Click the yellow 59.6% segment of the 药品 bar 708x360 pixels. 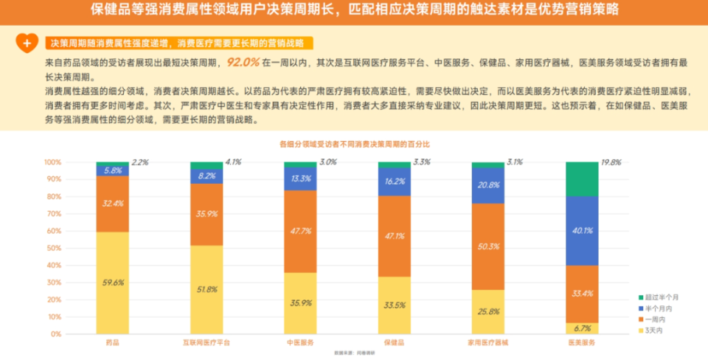[112, 283]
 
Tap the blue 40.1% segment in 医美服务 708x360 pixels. [582, 230]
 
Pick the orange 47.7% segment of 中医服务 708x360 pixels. [300, 231]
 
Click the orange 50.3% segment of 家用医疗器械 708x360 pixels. [487, 246]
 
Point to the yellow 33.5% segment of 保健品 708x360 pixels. [395, 305]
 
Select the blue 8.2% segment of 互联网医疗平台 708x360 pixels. [206, 176]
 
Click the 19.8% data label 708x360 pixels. [611, 162]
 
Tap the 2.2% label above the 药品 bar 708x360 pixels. [140, 162]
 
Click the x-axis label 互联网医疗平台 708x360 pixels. [206, 343]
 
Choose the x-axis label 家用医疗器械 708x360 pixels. [487, 343]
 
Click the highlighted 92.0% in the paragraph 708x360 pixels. [243, 63]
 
